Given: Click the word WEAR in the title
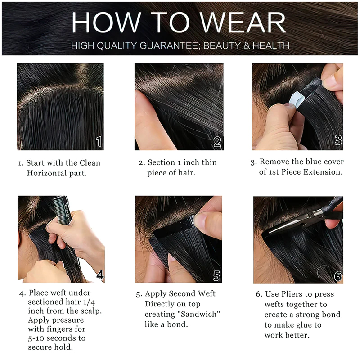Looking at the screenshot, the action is click(243, 22).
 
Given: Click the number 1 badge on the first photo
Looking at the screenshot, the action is click(99, 141).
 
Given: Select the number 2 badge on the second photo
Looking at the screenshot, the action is click(217, 142).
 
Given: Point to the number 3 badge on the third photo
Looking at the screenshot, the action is click(338, 140).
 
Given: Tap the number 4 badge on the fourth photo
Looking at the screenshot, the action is click(100, 274).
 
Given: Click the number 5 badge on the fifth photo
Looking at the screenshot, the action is click(216, 275).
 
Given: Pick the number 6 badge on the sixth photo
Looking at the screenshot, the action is click(338, 276).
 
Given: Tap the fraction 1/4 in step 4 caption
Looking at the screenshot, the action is click(89, 301).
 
